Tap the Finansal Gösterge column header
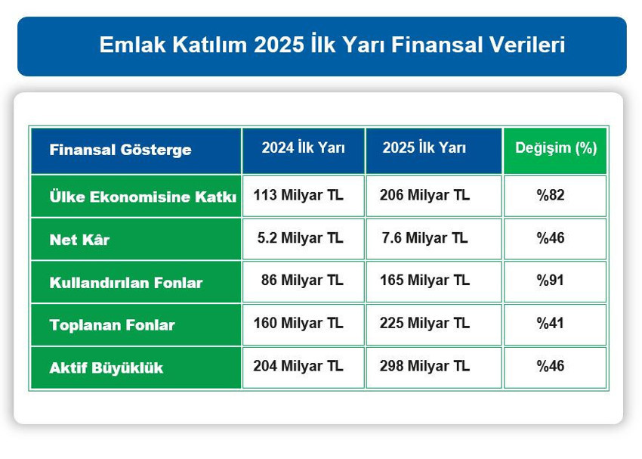click(120, 150)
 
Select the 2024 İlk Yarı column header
click(303, 148)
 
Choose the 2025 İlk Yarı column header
click(424, 148)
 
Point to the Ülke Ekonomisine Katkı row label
click(143, 197)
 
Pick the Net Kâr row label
click(79, 240)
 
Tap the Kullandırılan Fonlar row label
click(126, 283)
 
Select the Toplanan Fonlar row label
click(112, 325)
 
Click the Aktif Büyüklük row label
click(106, 368)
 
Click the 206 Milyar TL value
click(426, 195)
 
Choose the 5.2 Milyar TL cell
click(300, 237)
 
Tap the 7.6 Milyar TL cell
click(425, 237)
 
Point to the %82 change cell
click(551, 195)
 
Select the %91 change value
click(551, 281)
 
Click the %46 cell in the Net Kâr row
click(551, 237)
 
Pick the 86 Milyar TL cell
click(301, 281)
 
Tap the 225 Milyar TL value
click(426, 323)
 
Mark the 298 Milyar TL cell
click(426, 366)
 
